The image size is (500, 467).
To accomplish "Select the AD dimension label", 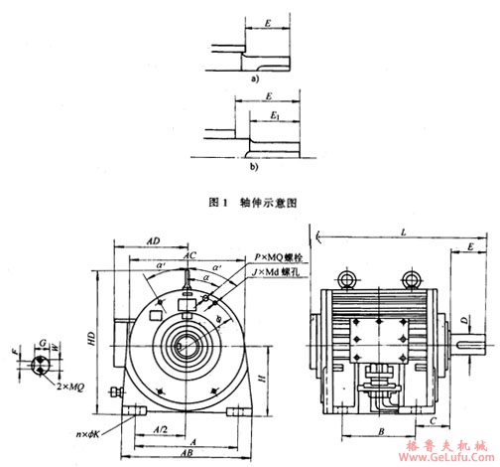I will click(x=155, y=240).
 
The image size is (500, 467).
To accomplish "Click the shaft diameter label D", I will click(x=464, y=321).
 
